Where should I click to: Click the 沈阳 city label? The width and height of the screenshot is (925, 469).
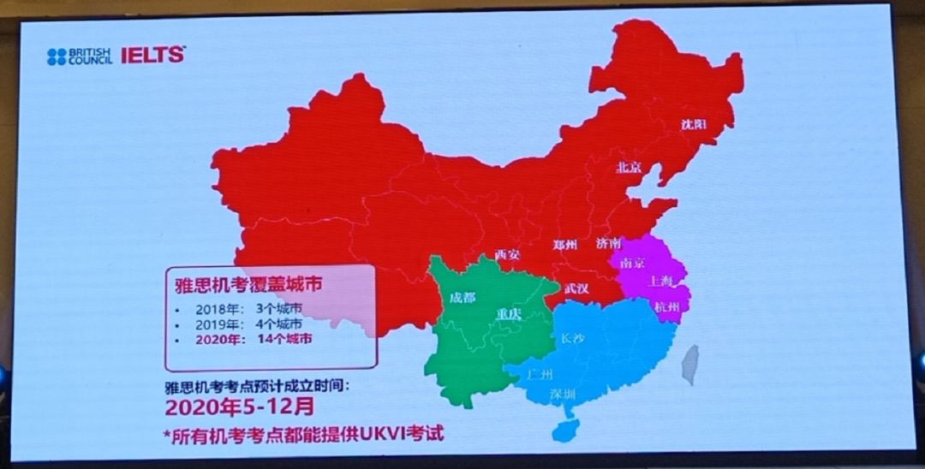(694, 124)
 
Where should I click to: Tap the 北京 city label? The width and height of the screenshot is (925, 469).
(630, 168)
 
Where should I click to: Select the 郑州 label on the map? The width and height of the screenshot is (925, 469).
(565, 245)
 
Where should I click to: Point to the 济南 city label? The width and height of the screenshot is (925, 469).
(610, 244)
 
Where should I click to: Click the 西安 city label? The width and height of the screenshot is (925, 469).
(508, 254)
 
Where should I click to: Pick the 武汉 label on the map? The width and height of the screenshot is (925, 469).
(576, 288)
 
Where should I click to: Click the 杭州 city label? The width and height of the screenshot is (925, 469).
(667, 307)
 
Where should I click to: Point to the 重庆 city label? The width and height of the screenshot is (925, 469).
(509, 314)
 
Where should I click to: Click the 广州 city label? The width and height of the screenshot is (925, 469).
(541, 374)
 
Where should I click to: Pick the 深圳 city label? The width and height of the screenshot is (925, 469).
(563, 394)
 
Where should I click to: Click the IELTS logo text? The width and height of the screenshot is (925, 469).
(152, 56)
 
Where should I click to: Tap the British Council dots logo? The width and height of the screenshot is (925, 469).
(57, 56)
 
